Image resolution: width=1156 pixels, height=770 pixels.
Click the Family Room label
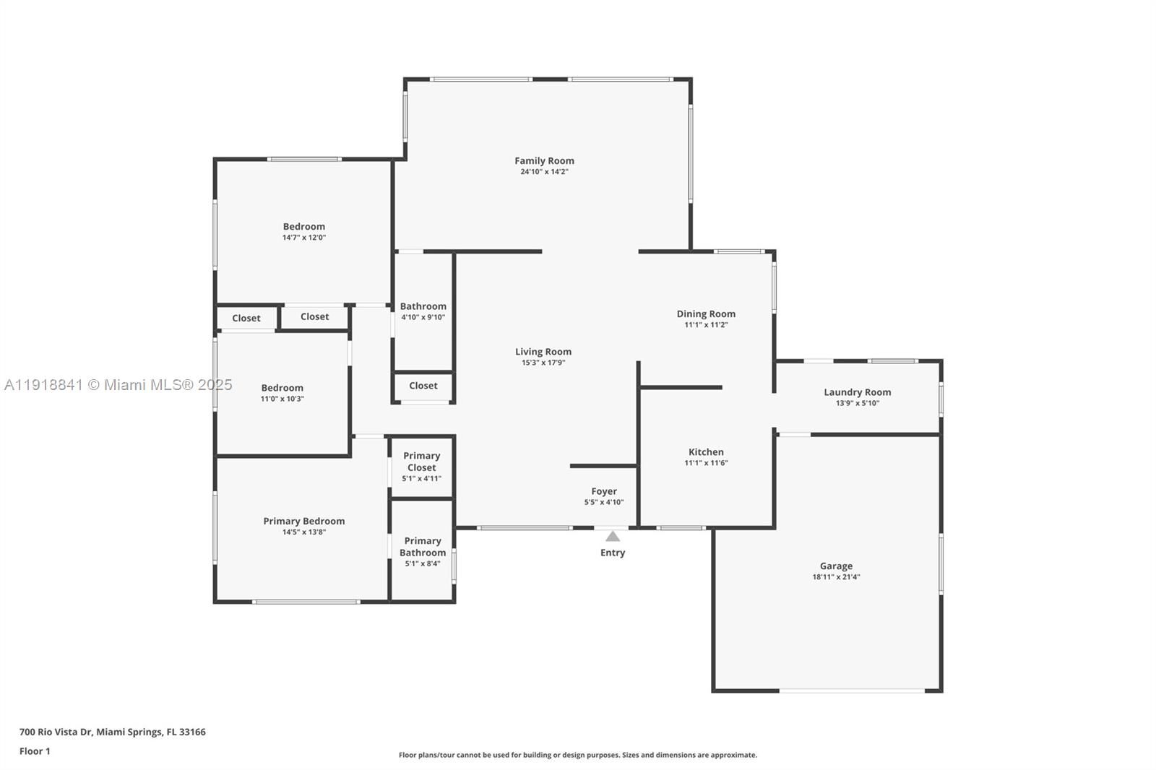coord(544,161)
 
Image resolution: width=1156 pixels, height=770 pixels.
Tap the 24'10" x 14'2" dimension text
coord(544,172)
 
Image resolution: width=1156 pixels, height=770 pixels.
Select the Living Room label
coord(543,352)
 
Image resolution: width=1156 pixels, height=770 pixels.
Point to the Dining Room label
coord(706,313)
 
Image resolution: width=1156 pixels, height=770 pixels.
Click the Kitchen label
coord(706,452)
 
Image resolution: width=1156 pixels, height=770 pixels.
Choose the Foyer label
coord(604,491)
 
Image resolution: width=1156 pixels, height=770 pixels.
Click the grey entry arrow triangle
coord(613,537)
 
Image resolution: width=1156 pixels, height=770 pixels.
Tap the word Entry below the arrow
coord(613,553)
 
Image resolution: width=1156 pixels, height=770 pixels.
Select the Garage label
coord(836,566)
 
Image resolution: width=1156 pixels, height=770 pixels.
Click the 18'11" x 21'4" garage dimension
coord(836,577)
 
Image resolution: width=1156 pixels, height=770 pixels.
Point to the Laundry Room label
coord(857,392)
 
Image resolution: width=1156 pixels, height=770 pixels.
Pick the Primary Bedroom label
coord(303,521)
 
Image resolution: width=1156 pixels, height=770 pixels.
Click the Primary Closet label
coord(421,462)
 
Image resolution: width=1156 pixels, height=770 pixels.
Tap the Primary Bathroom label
coord(423,547)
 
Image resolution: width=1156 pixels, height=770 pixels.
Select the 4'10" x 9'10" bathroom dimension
coord(423,317)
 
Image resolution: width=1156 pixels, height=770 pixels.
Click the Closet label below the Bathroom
coord(423,386)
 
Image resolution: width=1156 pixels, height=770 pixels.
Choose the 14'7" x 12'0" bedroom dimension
coord(303,238)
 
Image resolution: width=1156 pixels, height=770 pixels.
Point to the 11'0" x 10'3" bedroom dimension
coord(282,399)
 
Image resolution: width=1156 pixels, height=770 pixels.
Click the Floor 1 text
coord(35,751)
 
